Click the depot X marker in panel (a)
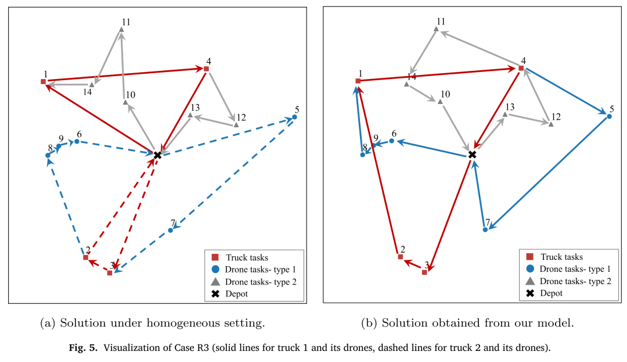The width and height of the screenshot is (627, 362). pos(157,155)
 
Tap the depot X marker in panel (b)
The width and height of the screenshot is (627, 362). pos(472,155)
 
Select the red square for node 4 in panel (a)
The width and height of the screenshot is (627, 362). pos(206,69)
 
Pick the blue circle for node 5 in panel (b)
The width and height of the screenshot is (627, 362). pos(610,116)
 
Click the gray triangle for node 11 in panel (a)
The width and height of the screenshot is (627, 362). pos(121,30)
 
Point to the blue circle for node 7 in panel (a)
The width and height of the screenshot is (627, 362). pos(170,231)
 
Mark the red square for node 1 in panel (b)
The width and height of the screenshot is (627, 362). pos(358,81)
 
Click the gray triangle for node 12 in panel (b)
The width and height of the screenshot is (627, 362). pos(551,124)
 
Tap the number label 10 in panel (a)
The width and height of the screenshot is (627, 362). pos(131,95)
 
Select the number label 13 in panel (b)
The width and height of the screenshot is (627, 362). pos(510,107)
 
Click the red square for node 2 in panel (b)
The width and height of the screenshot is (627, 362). pos(400,256)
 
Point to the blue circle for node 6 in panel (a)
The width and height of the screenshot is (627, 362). pos(77,141)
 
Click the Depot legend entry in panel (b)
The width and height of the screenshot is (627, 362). pos(546,293)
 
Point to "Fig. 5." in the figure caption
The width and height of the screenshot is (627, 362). pos(83,347)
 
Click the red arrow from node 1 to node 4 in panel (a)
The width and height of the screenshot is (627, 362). pos(125,75)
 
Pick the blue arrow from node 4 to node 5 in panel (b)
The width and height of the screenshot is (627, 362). pos(565,92)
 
